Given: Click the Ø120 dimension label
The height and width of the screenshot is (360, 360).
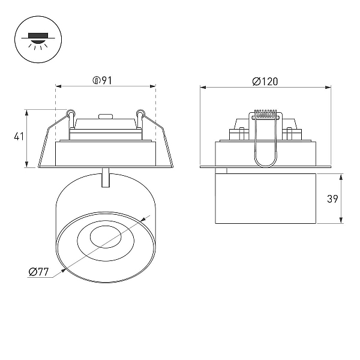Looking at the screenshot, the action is [x=265, y=82].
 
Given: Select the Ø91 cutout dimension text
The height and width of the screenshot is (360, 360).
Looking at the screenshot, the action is [x=103, y=80].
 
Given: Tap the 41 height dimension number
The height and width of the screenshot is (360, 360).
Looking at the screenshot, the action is [x=19, y=137].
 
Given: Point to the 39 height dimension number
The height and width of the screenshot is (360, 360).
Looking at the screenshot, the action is [x=332, y=199].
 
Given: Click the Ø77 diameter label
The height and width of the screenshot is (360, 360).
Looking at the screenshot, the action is [x=38, y=272].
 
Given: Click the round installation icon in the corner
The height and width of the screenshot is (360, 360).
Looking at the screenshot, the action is [x=38, y=39].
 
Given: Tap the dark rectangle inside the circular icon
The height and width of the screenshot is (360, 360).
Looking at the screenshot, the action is [x=38, y=35].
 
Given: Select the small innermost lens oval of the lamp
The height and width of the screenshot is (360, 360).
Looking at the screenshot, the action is [x=106, y=237].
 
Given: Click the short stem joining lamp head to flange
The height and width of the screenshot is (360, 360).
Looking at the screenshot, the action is [x=106, y=178].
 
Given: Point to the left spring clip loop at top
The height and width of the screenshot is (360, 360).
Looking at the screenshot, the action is [x=70, y=113].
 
